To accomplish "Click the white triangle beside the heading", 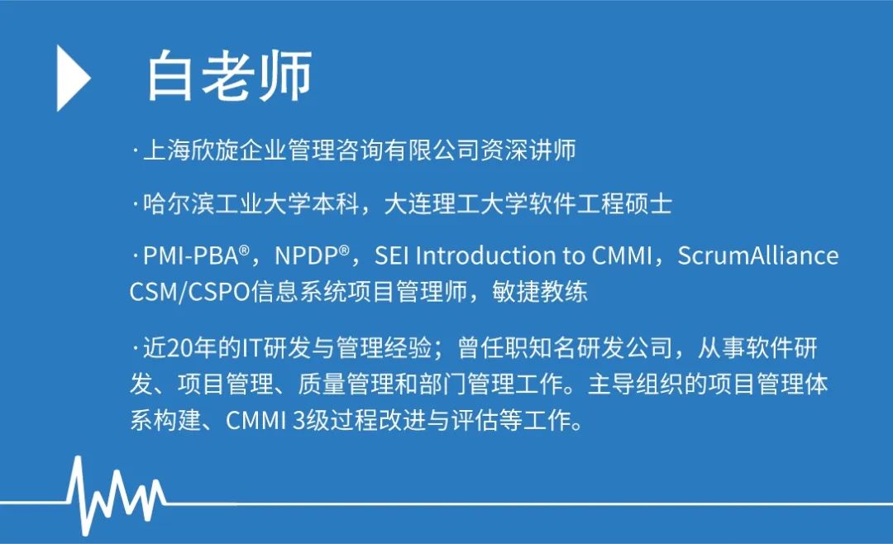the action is pyautogui.click(x=73, y=78).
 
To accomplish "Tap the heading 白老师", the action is pyautogui.click(x=230, y=76).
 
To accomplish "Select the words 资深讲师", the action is pyautogui.click(x=528, y=150).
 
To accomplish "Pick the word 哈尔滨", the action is pyautogui.click(x=179, y=204).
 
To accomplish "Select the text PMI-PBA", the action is pyautogui.click(x=191, y=256).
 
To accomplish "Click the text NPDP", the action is pyautogui.click(x=307, y=256).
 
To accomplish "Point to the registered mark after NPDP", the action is pyautogui.click(x=344, y=250).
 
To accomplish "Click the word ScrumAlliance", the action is pyautogui.click(x=758, y=255).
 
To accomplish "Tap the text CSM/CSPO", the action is pyautogui.click(x=189, y=292).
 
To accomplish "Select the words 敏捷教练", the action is pyautogui.click(x=540, y=292).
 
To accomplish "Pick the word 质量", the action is pyautogui.click(x=321, y=384).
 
